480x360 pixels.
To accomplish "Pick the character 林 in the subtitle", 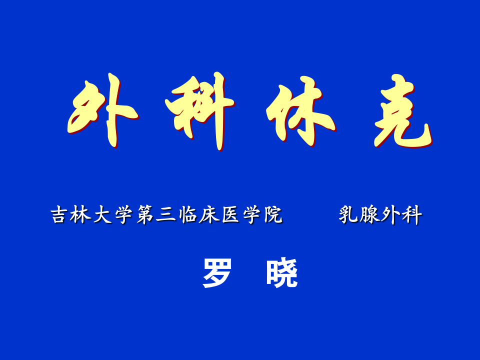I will pos(80,215).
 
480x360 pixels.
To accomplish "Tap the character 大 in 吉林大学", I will pos(102,215).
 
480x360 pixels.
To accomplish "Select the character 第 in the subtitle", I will pos(145,215).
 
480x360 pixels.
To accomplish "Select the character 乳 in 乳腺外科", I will pos(348,215).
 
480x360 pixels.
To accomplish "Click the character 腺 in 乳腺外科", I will pos(369,215).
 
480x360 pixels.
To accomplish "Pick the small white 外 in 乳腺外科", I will pos(391,215).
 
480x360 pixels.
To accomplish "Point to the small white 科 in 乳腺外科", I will pos(412,215).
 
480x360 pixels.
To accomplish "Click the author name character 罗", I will pos(217,273).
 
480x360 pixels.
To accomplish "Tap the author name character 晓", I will pos(282,273).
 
